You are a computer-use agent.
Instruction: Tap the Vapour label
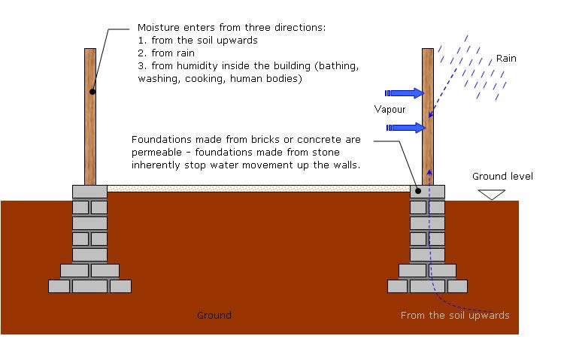click(x=390, y=110)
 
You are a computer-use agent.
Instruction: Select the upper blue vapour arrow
click(x=405, y=93)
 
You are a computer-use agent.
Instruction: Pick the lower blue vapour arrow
click(x=405, y=128)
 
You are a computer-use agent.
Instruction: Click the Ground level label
click(x=502, y=177)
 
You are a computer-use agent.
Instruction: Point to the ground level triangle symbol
click(x=493, y=194)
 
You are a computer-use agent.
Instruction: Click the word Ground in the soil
click(x=214, y=315)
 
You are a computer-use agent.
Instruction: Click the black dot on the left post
click(x=91, y=92)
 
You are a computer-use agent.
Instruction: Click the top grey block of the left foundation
click(x=89, y=192)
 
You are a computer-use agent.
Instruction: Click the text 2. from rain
click(x=166, y=53)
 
